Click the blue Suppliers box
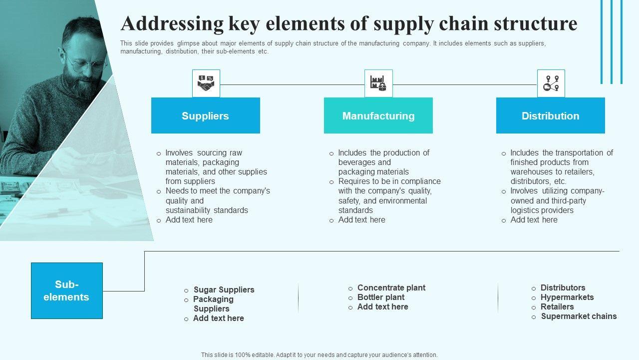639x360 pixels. pos(205,115)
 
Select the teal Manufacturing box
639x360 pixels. pos(378,115)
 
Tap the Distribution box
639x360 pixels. pos(550,115)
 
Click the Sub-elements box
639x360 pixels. pos(66,290)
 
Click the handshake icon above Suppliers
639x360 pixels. pos(206,83)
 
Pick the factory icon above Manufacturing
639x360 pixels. pos(378,83)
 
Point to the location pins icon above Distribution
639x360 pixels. pos(551,83)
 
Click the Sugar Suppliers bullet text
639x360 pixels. pos(224,289)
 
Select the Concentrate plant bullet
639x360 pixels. pos(391,287)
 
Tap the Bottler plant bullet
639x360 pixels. pos(381,297)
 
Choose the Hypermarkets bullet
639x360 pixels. pos(567,297)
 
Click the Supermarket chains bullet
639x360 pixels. pos(579,316)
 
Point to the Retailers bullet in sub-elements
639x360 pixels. pos(557,306)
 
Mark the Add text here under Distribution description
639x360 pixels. pos(534,219)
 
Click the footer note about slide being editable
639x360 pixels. pos(319,355)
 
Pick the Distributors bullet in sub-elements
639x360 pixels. pos(563,287)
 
